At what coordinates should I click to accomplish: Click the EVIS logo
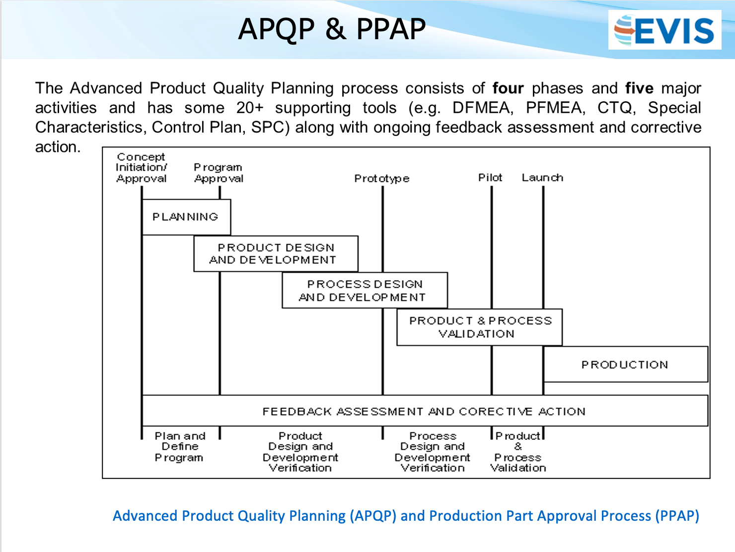[x=664, y=30]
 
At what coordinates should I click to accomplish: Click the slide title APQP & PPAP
[x=332, y=29]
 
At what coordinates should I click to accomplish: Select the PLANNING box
[x=186, y=217]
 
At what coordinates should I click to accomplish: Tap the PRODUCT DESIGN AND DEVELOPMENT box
[x=275, y=254]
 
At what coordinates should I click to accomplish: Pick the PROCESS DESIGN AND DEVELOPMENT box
[x=365, y=290]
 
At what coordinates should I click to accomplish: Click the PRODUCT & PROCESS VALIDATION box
[x=479, y=327]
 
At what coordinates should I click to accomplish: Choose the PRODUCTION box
[x=625, y=364]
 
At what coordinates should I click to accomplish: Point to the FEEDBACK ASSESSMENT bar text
[x=424, y=412]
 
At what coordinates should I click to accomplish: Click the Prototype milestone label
[x=381, y=178]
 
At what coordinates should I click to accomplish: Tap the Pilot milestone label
[x=490, y=178]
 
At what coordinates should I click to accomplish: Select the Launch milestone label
[x=542, y=178]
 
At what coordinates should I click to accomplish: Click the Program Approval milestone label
[x=219, y=173]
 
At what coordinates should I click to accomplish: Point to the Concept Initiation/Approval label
[x=142, y=168]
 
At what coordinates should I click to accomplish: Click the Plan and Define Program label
[x=180, y=447]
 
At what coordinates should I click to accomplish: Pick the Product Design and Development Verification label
[x=300, y=452]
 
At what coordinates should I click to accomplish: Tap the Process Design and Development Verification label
[x=433, y=452]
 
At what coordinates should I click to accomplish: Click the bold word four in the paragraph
[x=508, y=88]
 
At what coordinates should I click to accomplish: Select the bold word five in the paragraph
[x=639, y=88]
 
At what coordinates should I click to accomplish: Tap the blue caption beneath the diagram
[x=406, y=516]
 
